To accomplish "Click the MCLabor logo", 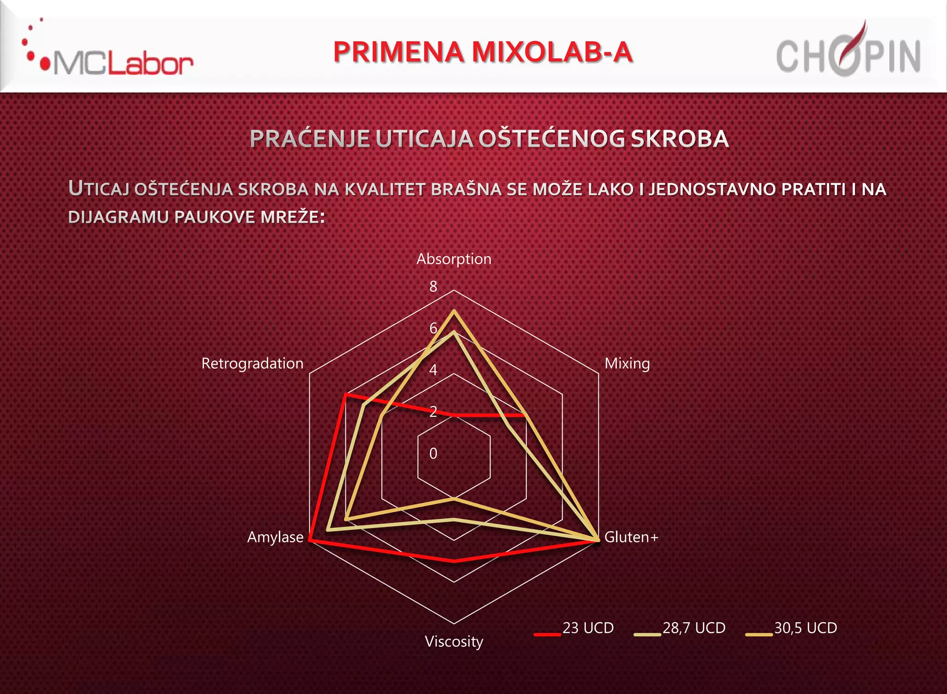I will (109, 56).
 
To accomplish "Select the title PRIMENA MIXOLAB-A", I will (483, 52).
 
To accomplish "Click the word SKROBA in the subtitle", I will (680, 139).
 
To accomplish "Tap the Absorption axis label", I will (454, 259).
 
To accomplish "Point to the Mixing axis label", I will (627, 364).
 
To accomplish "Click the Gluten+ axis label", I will (631, 537).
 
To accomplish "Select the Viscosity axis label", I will (454, 642).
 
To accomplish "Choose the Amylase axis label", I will (275, 537).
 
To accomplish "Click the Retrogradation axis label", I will (252, 364).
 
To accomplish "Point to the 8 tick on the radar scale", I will (433, 287).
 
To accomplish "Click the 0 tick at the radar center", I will (433, 453).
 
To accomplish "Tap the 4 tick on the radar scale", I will (433, 370).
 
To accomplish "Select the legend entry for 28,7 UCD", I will (680, 628).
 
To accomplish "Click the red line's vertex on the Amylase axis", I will (310, 539).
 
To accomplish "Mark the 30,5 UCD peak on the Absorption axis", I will (454, 311).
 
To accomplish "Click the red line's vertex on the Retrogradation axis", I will (345, 395).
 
